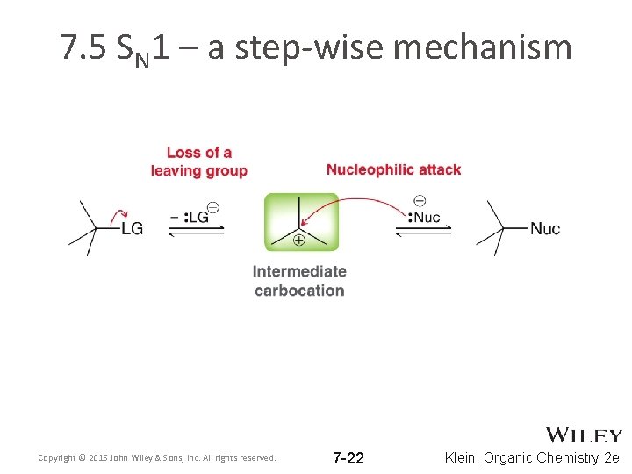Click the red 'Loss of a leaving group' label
point(198,162)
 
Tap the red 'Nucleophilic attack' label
point(393,169)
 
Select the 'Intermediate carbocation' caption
point(299,281)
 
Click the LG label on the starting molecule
point(132,229)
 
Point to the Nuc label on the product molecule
point(544,229)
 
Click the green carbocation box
point(301,221)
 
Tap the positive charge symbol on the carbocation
point(298,240)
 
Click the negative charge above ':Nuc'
point(419,201)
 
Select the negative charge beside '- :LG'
point(213,207)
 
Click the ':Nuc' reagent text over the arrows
point(425,217)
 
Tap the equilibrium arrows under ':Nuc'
point(423,230)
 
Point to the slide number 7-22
point(348,458)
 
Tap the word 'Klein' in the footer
point(462,457)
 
